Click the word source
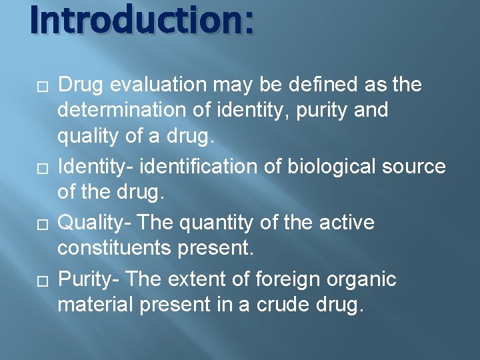tap(413, 165)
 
